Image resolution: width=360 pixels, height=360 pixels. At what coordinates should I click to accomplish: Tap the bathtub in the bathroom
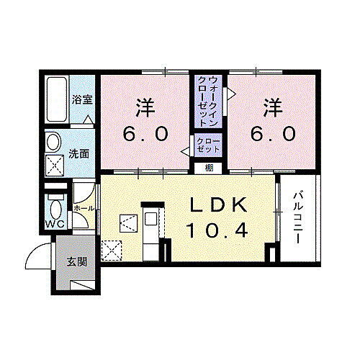pyautogui.click(x=55, y=101)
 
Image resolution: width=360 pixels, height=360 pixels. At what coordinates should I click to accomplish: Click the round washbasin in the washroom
pyautogui.click(x=54, y=141)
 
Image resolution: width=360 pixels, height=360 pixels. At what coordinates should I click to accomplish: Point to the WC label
pyautogui.click(x=55, y=223)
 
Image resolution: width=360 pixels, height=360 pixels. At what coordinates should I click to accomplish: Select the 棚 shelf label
pyautogui.click(x=208, y=168)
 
